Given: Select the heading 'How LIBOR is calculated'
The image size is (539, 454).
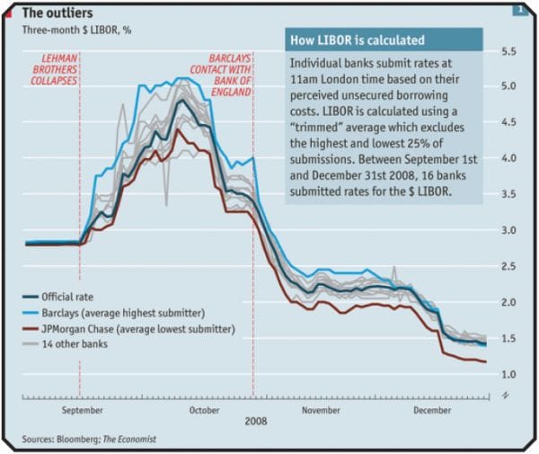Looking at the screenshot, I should tap(355, 40).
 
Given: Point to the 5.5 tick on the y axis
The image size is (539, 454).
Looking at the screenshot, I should tap(508, 50).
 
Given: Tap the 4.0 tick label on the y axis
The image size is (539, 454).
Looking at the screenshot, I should tap(508, 158).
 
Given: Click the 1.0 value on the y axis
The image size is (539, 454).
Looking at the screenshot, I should tap(508, 374).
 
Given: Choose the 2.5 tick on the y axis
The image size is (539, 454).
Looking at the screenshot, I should tap(508, 266).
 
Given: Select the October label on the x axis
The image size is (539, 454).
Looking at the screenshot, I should tap(205, 409).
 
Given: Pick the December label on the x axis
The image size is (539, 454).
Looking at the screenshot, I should tap(434, 409).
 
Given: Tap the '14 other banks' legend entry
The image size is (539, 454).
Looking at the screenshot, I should tap(80, 344).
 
